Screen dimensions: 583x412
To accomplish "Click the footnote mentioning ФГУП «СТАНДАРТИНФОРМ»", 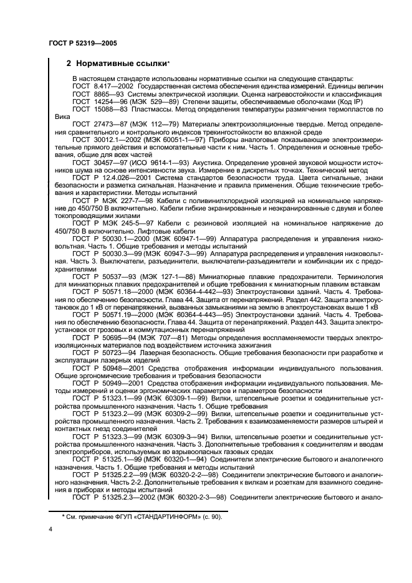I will pos(141,517).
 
